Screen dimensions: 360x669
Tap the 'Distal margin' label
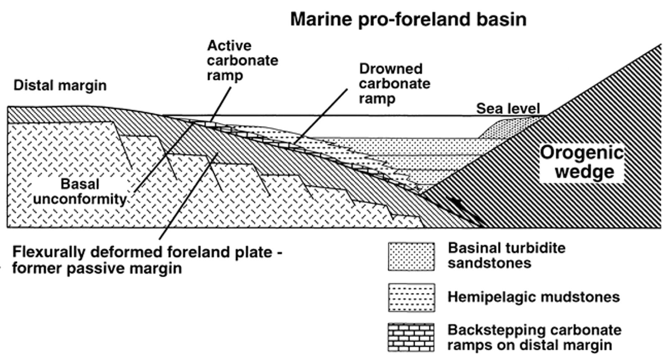pyautogui.click(x=60, y=85)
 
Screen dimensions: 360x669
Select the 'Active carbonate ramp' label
pyautogui.click(x=242, y=61)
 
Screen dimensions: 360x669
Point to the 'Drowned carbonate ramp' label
pyautogui.click(x=394, y=84)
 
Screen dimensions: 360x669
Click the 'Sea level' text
pyautogui.click(x=508, y=109)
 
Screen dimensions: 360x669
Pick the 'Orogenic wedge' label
pyautogui.click(x=582, y=162)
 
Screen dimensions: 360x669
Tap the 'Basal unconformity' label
pyautogui.click(x=79, y=191)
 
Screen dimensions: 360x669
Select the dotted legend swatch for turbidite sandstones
pyautogui.click(x=411, y=256)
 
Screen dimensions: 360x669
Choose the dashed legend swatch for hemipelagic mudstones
pyautogui.click(x=411, y=297)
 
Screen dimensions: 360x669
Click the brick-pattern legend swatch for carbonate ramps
pyautogui.click(x=411, y=337)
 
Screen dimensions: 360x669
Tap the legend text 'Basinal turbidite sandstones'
pyautogui.click(x=506, y=255)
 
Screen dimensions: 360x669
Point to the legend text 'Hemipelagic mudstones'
pyautogui.click(x=534, y=297)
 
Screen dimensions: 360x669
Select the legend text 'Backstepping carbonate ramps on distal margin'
pyautogui.click(x=534, y=337)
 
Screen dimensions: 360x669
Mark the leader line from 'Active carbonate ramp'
pyautogui.click(x=221, y=105)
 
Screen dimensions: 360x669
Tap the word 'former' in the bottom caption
pyautogui.click(x=37, y=268)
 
